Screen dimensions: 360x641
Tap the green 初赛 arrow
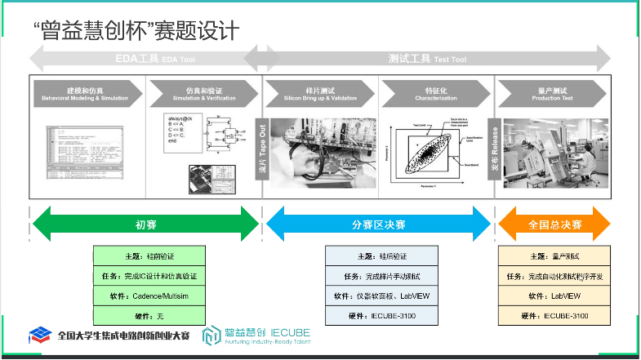pos(145,224)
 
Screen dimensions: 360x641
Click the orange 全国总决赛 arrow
pos(554,224)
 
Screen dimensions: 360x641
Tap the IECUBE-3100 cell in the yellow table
pos(554,315)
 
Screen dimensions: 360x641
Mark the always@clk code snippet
pos(179,130)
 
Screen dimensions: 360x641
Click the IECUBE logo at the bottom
pos(256,335)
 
